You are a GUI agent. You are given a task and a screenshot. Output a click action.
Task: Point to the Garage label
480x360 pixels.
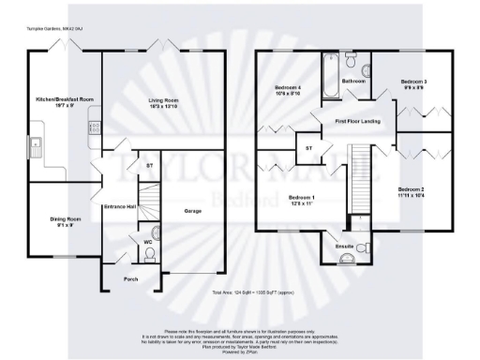[193, 210]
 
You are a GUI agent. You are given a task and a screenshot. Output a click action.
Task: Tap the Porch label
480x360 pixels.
[129, 279]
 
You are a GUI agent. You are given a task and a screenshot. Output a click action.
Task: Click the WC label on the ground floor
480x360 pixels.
[148, 243]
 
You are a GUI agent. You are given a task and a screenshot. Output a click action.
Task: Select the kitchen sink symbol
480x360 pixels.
[36, 144]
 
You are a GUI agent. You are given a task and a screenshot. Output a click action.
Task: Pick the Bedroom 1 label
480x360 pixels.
[302, 200]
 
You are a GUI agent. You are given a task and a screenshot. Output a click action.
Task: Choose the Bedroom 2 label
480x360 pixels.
[411, 192]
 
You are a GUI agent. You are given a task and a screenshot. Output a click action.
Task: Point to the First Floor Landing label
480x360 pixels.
[358, 122]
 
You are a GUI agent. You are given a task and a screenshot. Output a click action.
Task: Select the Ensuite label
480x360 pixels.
[345, 247]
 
